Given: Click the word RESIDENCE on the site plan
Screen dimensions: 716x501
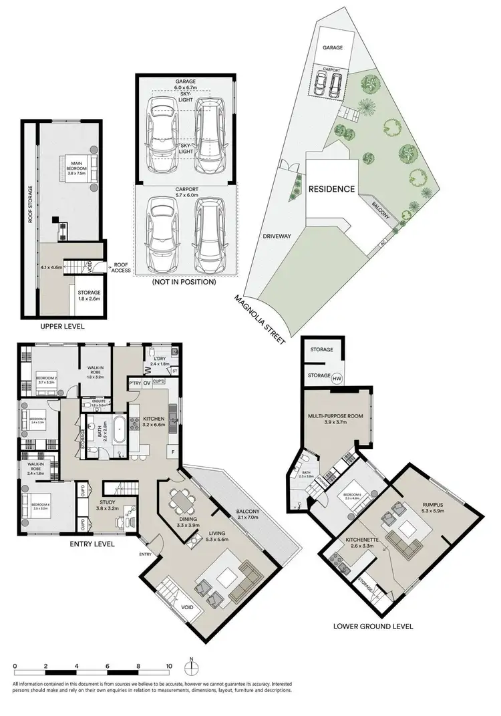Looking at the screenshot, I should coord(331,189).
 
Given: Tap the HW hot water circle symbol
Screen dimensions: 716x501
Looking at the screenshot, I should coord(337,377).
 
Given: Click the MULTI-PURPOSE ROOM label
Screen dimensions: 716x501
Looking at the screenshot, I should coord(335,419).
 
